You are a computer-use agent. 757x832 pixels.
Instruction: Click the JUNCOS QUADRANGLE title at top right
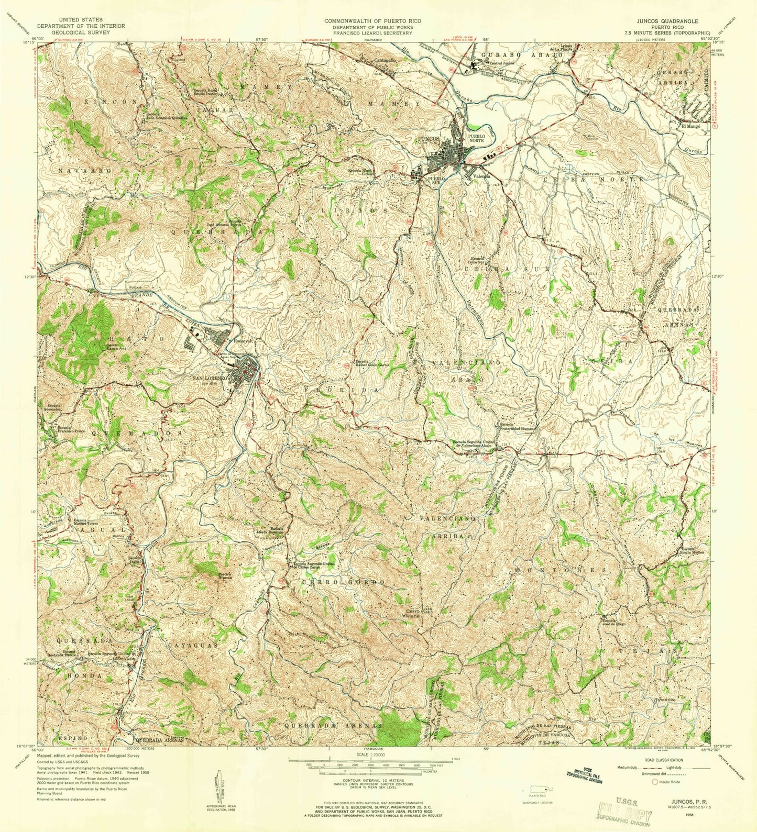pyautogui.click(x=665, y=21)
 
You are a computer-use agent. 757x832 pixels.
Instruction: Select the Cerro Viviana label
pyautogui.click(x=412, y=613)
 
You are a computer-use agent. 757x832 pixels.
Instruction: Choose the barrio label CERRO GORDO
pyautogui.click(x=344, y=582)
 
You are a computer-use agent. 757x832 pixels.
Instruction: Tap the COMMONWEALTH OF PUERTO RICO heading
pyautogui.click(x=368, y=21)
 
